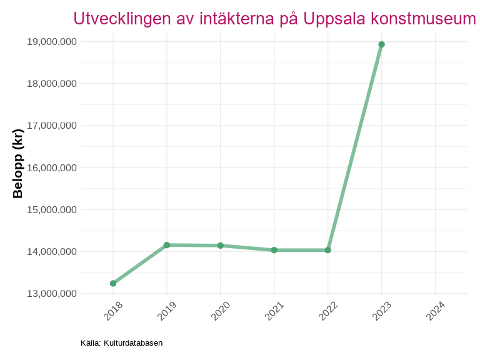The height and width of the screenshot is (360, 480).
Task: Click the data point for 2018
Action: coord(113,283)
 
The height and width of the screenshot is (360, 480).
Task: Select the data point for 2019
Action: coord(167,245)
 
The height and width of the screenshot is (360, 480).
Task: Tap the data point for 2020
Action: coord(221,246)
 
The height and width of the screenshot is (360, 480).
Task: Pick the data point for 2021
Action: coord(274,250)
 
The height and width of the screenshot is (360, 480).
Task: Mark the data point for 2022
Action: coord(328,250)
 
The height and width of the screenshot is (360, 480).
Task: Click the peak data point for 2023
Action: coord(382,44)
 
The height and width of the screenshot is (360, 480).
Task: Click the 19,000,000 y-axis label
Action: coord(52,42)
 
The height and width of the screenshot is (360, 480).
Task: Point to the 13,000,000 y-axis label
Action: coord(52,294)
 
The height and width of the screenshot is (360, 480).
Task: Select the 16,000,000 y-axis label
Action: coord(52,167)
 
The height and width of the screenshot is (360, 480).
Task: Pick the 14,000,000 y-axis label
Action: coord(52,252)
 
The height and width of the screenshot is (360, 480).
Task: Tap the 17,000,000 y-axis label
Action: coord(52,126)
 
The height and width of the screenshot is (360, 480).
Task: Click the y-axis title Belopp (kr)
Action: coord(18,164)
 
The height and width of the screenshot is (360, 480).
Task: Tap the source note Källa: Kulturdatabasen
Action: coord(121,343)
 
